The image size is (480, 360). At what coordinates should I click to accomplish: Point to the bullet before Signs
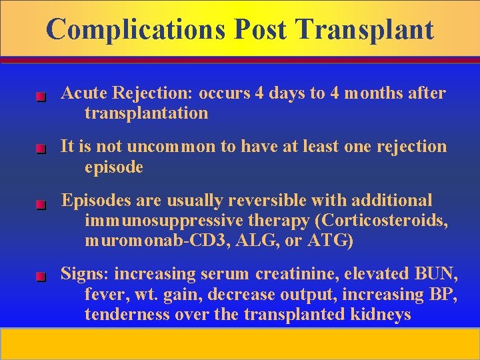(40, 277)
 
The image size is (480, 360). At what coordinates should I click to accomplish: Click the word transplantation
(146, 113)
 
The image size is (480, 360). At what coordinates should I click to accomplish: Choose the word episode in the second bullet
(113, 167)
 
